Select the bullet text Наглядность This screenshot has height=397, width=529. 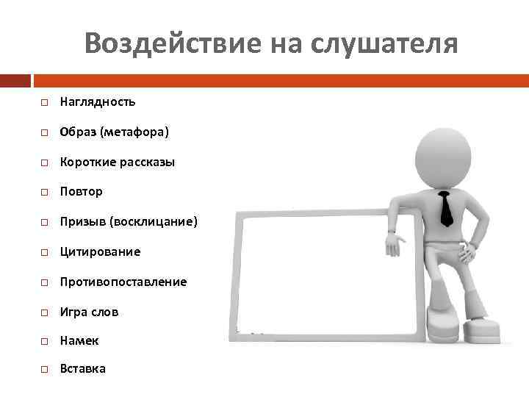pyautogui.click(x=98, y=101)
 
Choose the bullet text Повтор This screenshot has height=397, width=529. pyautogui.click(x=82, y=191)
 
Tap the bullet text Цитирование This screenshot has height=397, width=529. pyautogui.click(x=100, y=251)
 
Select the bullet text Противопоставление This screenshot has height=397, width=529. pyautogui.click(x=123, y=282)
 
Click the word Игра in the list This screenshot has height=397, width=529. pyautogui.click(x=73, y=312)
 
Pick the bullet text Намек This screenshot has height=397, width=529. pyautogui.click(x=79, y=341)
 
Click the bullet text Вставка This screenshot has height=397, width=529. pyautogui.click(x=83, y=368)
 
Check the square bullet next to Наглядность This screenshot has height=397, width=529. pyautogui.click(x=44, y=102)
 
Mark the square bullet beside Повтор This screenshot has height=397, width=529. pyautogui.click(x=44, y=192)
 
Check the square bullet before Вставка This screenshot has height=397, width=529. pyautogui.click(x=44, y=369)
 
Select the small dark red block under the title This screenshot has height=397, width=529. pyautogui.click(x=15, y=79)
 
